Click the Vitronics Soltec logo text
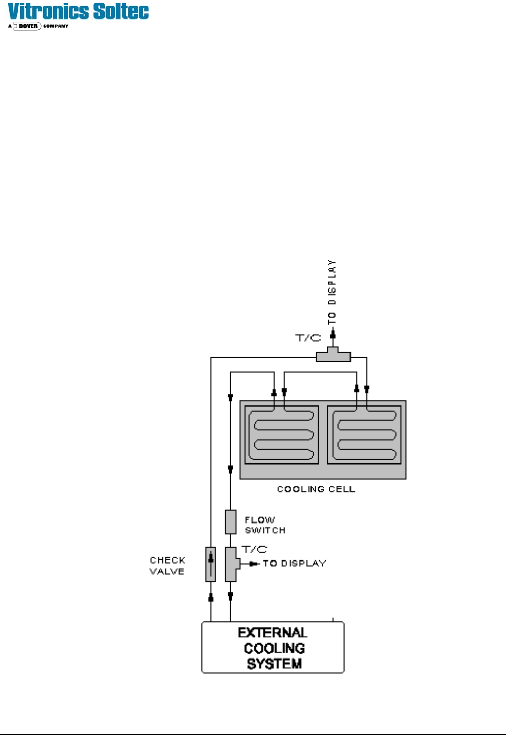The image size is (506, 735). point(79,11)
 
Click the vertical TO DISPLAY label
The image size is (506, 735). point(332,292)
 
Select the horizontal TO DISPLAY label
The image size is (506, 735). point(295,564)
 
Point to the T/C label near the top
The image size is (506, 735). point(308,338)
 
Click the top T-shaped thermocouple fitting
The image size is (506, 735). point(333,355)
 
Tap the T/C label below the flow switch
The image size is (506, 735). point(255,549)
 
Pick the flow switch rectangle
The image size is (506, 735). point(230,522)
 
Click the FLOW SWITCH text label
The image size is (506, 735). point(265,525)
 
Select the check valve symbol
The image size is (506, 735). point(210,564)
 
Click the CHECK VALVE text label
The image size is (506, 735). point(167,566)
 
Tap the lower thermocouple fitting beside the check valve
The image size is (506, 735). point(231,564)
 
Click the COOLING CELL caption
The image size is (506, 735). point(316,489)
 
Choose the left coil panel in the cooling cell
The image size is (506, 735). point(282,435)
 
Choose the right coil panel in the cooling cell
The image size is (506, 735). point(364,435)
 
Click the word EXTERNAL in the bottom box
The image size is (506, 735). point(273,633)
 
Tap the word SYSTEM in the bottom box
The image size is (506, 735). point(274,664)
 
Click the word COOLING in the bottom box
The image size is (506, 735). point(274,648)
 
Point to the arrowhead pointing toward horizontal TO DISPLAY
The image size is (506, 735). point(254,564)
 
